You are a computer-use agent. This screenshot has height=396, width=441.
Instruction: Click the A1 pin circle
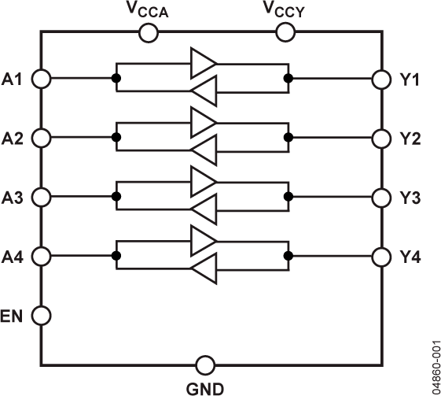coord(41,79)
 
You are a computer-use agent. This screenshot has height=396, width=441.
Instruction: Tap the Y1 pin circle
coord(381,79)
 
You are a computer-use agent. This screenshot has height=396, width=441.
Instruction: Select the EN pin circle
coord(41,315)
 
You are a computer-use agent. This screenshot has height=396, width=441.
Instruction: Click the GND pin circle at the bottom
coord(204,365)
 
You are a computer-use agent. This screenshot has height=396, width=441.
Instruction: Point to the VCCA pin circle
coord(147,32)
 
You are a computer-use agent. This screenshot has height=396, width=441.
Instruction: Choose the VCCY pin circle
coord(285,32)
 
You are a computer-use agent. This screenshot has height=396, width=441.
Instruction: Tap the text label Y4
coord(410,256)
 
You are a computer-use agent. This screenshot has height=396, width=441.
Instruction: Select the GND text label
coord(204,387)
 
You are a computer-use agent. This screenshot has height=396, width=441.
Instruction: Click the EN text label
coord(13,315)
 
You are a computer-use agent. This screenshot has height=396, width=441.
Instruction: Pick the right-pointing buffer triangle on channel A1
coord(203,61)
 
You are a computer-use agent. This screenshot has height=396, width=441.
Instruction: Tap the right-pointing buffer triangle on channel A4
coord(203,239)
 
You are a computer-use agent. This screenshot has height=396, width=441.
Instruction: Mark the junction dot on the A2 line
coord(116,138)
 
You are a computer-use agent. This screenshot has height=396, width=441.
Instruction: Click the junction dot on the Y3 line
coord(289,197)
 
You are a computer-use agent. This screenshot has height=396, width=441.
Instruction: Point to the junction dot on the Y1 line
coord(289,79)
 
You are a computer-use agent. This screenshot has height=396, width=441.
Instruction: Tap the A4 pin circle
coord(41,256)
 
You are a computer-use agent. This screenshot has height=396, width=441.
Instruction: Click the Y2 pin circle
coord(381,138)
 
